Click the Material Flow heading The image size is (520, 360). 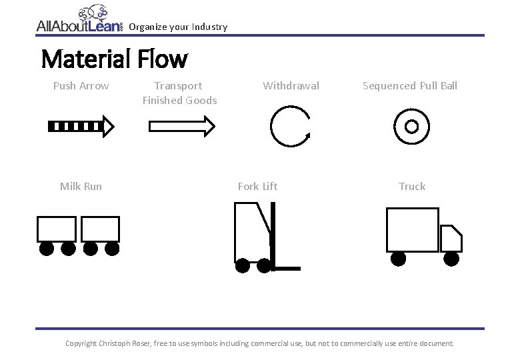click(x=114, y=59)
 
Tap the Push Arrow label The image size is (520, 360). click(x=81, y=86)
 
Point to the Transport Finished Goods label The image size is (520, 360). click(x=179, y=93)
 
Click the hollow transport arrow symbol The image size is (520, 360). click(x=181, y=125)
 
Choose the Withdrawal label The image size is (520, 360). click(x=291, y=86)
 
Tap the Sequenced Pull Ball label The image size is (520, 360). click(x=410, y=86)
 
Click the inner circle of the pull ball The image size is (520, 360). click(x=411, y=126)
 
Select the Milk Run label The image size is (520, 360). click(x=81, y=187)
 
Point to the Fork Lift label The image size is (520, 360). click(x=257, y=187)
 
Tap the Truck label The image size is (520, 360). click(x=412, y=187)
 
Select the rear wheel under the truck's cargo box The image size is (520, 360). click(x=399, y=258)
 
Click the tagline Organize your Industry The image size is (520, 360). click(x=178, y=27)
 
